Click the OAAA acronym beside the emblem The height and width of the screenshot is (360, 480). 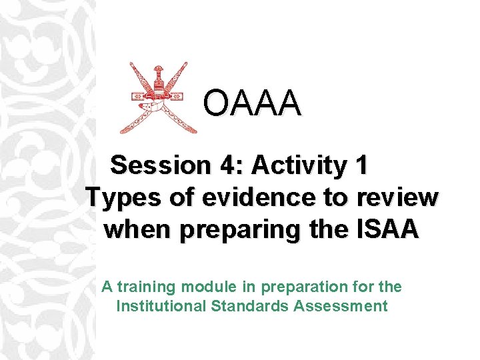point(252,103)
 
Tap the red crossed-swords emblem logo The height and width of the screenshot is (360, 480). point(158,99)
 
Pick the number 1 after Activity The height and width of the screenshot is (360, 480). point(361,165)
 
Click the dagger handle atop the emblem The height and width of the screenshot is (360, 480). point(158,73)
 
